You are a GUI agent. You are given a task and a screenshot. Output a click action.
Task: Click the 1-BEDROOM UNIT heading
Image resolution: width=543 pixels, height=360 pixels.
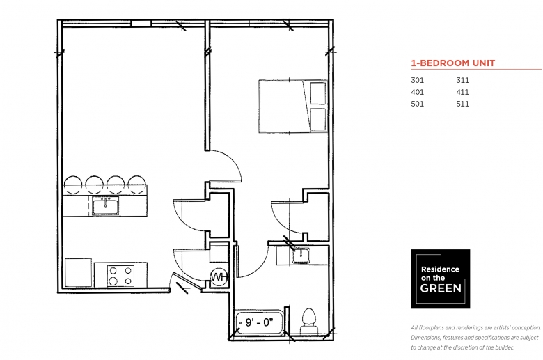click(x=453, y=63)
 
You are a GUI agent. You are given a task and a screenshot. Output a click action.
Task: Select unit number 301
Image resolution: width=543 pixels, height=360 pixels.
click(x=417, y=80)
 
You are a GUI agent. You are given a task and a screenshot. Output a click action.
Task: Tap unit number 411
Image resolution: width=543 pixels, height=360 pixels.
click(x=463, y=92)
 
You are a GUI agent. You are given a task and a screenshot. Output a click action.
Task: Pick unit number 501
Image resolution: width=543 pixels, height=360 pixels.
click(x=417, y=104)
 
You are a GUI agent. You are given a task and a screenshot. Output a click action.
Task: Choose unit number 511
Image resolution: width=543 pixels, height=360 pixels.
click(x=463, y=104)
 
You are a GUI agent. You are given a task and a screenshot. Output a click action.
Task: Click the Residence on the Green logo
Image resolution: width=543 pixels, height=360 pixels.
click(x=441, y=279)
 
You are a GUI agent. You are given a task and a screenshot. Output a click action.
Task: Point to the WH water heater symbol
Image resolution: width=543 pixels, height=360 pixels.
click(x=219, y=277)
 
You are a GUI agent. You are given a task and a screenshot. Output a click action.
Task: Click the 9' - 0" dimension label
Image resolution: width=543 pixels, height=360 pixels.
click(x=259, y=322)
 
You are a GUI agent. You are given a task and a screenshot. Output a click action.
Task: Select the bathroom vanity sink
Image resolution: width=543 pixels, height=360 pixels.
click(x=301, y=256)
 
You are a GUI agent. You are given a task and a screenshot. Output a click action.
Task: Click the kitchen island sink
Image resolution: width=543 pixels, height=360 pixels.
click(x=105, y=206)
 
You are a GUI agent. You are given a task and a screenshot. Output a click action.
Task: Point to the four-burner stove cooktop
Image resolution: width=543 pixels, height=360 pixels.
click(x=120, y=276)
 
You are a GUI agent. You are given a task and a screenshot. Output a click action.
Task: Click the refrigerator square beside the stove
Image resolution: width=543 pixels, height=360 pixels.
click(x=78, y=273)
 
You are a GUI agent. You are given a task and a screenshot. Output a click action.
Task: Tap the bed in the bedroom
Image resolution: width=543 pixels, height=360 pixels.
click(x=293, y=107)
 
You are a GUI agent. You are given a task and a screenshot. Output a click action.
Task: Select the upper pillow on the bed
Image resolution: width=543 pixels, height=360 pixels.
click(x=318, y=93)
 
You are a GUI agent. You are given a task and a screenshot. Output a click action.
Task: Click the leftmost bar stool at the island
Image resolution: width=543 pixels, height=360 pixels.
click(x=73, y=184)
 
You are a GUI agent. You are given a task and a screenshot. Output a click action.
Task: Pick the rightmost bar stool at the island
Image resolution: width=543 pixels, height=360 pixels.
click(x=137, y=184)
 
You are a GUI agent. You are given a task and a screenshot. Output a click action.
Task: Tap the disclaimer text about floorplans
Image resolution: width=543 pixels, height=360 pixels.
click(x=475, y=338)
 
